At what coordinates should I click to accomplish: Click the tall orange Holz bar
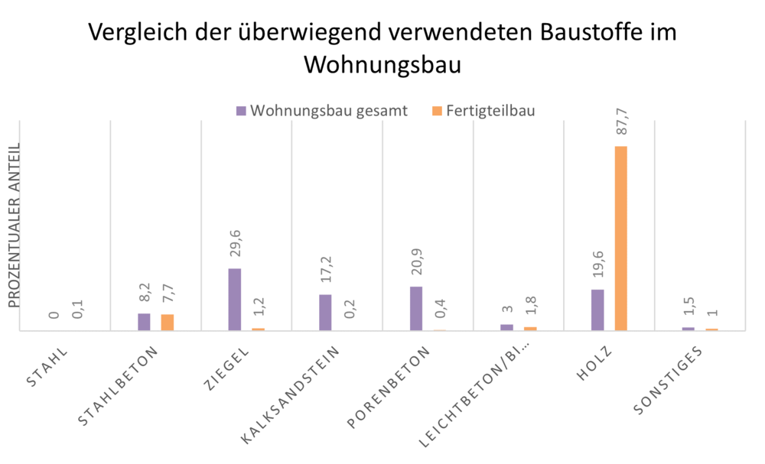pos(620,238)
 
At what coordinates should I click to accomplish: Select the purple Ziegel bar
pos(235,299)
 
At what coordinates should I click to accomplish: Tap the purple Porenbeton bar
pos(416,308)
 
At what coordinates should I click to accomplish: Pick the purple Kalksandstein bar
pos(325,312)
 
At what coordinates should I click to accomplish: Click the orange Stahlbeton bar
pos(168,322)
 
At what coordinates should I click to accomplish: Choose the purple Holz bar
pos(597,310)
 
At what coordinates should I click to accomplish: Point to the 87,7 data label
pos(621,124)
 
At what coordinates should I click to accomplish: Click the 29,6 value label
pos(235,246)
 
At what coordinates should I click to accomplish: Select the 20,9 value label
pos(417,264)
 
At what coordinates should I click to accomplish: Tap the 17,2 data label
pos(326,272)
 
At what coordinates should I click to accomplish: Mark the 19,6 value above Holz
pos(598,268)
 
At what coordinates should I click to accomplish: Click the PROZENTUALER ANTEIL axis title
pos(15,226)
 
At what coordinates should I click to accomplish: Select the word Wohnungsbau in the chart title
pos(382,65)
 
